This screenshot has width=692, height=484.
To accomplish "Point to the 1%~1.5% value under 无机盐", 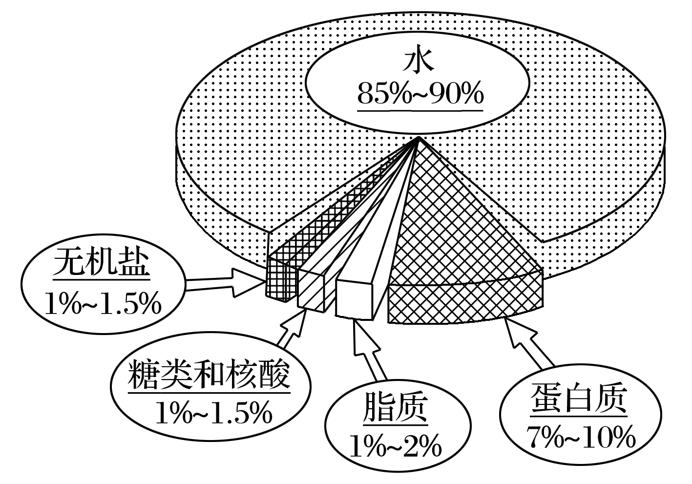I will click(103, 304).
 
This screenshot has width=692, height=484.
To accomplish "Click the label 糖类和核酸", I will click(209, 375).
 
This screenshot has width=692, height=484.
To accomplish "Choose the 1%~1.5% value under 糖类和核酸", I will click(213, 413).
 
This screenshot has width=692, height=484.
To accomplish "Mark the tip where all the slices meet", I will click(419, 139).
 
